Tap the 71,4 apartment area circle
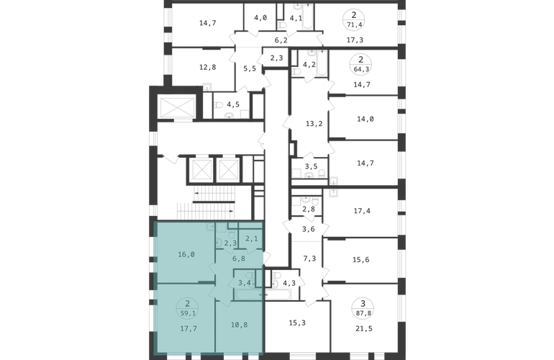click(354, 19)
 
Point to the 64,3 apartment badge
click(360, 64)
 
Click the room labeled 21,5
click(363, 328)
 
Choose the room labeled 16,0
click(186, 254)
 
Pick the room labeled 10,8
click(239, 324)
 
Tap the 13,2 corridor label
click(314, 124)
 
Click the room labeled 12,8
click(208, 67)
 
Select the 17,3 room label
click(355, 40)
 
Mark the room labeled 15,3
click(297, 323)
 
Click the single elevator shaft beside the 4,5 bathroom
click(178, 107)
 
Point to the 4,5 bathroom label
click(233, 104)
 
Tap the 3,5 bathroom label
click(312, 166)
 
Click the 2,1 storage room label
click(252, 239)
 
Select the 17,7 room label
click(189, 328)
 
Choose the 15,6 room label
click(361, 260)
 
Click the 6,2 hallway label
click(281, 40)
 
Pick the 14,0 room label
click(365, 120)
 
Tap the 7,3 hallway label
click(309, 258)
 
